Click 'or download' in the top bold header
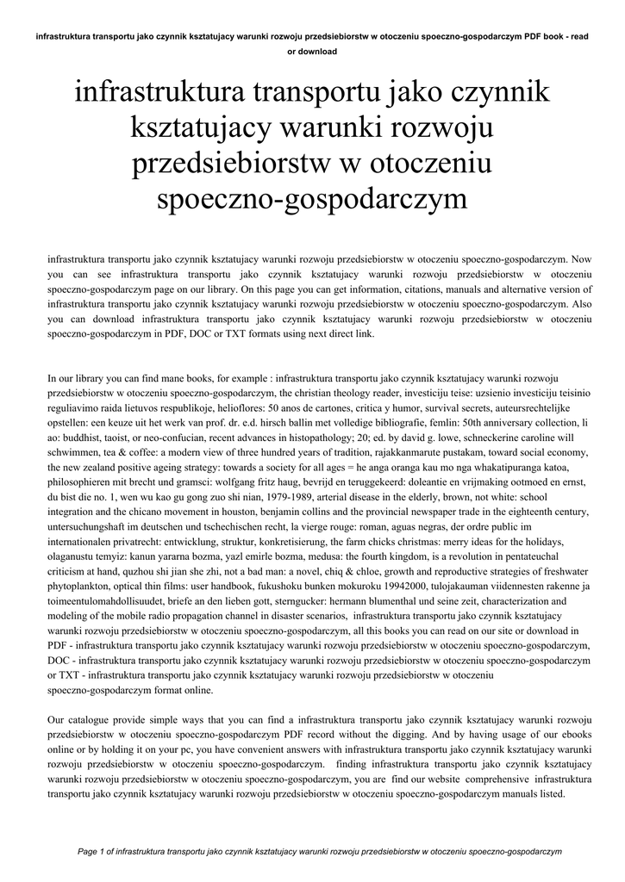pos(312,52)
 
